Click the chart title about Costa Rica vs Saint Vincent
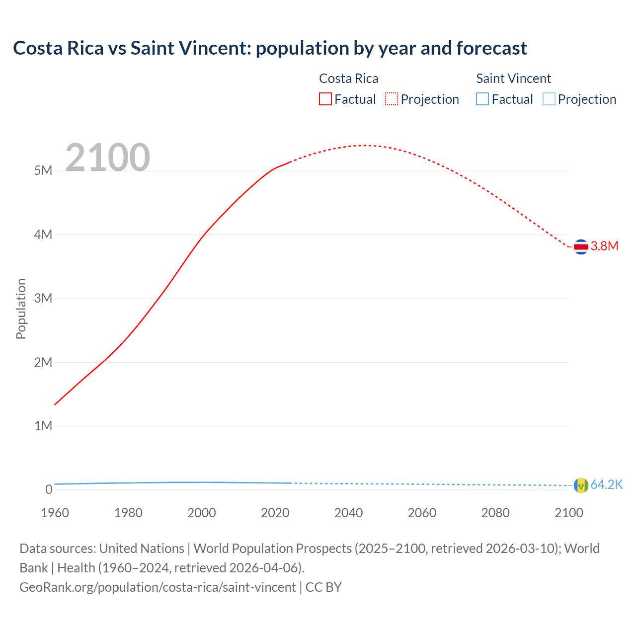tap(270, 48)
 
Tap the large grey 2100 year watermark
tap(107, 158)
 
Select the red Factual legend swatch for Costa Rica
tap(325, 99)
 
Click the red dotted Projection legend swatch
tap(392, 99)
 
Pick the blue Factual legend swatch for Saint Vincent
tap(482, 99)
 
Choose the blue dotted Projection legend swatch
tap(549, 99)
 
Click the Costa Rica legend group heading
tap(348, 79)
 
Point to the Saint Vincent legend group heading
tap(513, 79)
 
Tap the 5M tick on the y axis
tap(43, 171)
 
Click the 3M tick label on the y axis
tap(43, 298)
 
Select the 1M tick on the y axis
tap(43, 426)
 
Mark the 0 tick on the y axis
tap(49, 489)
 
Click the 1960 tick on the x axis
tap(55, 513)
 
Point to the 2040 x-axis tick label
tap(348, 513)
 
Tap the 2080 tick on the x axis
tap(495, 513)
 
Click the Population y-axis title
tap(21, 309)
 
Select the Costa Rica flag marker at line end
tap(581, 246)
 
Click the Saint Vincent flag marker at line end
tap(581, 485)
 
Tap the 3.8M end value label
tap(604, 246)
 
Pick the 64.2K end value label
tap(606, 485)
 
